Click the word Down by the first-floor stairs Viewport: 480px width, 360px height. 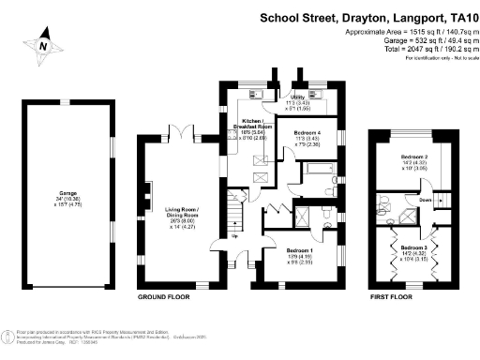tap(426, 200)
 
